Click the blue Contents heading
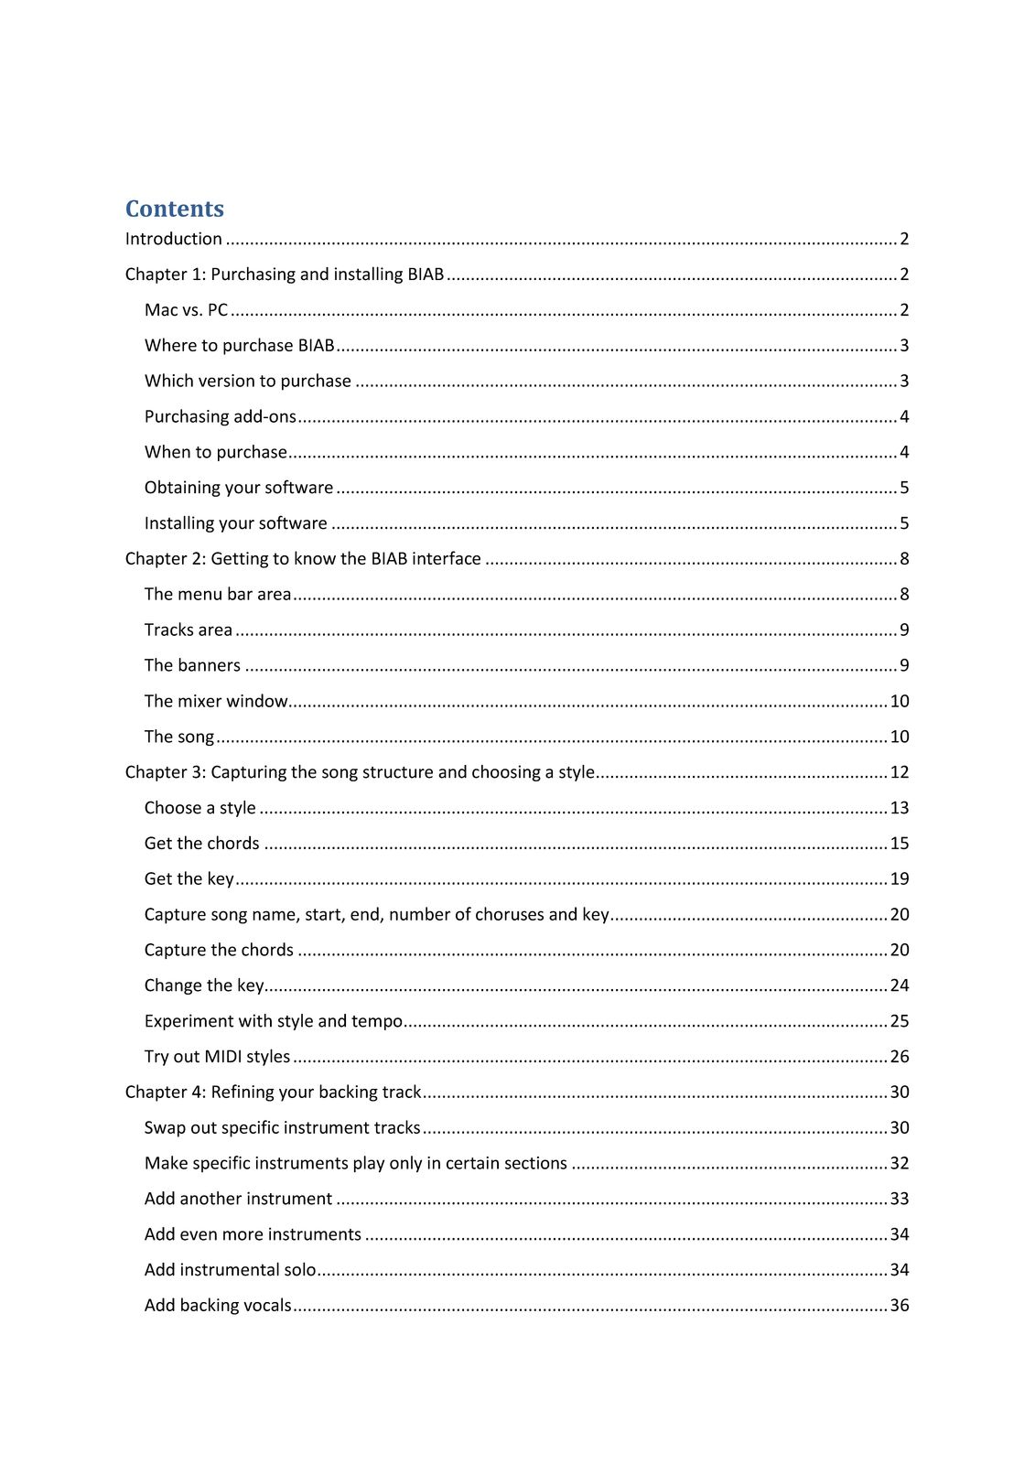(x=174, y=210)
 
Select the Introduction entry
(x=174, y=239)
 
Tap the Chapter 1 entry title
(x=285, y=274)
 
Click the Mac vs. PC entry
(x=186, y=310)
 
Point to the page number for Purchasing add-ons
(x=904, y=417)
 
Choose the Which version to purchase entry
(x=247, y=382)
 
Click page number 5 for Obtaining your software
(x=904, y=488)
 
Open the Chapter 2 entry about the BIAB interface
(x=303, y=559)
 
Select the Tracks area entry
(x=188, y=630)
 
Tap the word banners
(x=210, y=666)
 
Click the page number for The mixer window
(x=900, y=702)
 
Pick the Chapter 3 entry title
(x=360, y=772)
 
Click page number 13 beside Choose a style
(x=900, y=808)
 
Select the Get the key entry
(x=189, y=879)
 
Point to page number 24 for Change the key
(x=900, y=985)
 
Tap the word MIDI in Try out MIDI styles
(x=222, y=1057)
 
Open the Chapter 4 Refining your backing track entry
(x=273, y=1093)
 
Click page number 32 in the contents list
(x=900, y=1164)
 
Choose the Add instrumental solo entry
(x=230, y=1270)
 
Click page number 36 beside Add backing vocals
(x=900, y=1306)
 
